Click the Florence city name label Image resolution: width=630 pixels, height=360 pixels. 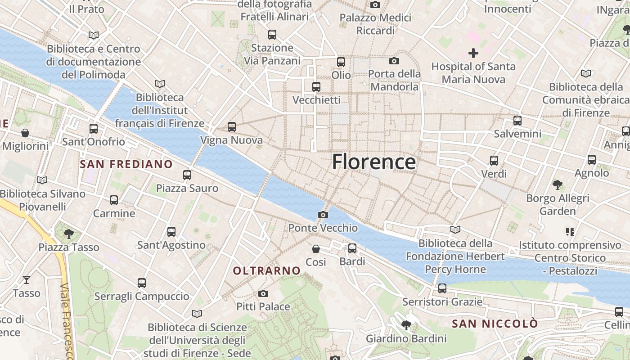point(373,162)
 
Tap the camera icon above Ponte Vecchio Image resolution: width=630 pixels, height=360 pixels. point(323,215)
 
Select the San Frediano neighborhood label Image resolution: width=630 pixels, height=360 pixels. point(126,164)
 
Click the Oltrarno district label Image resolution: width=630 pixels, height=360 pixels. point(267,270)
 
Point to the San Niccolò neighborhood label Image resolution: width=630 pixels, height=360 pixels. point(495,324)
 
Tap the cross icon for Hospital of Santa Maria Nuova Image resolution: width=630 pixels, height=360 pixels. point(473,53)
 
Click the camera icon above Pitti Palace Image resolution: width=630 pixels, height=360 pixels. point(263,294)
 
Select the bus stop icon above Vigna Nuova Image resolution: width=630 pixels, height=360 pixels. point(232,127)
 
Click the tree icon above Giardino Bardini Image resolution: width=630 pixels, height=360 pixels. point(406,325)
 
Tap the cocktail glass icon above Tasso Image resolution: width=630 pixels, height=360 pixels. point(27,280)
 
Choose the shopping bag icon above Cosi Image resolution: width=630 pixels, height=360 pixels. point(316,249)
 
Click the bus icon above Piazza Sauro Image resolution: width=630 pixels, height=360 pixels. point(187,175)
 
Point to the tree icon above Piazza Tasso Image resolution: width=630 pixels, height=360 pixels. point(69,234)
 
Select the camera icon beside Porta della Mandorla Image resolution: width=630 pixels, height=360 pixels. point(394,61)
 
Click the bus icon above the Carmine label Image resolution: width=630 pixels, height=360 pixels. point(114,200)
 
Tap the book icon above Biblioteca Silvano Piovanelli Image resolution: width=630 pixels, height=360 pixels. point(42,180)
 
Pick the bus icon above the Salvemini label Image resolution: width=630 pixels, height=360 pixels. point(517,121)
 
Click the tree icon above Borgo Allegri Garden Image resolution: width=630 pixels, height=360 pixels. point(558,184)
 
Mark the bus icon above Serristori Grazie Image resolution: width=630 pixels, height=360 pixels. point(442,288)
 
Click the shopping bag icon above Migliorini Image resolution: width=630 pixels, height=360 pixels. point(25,133)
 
